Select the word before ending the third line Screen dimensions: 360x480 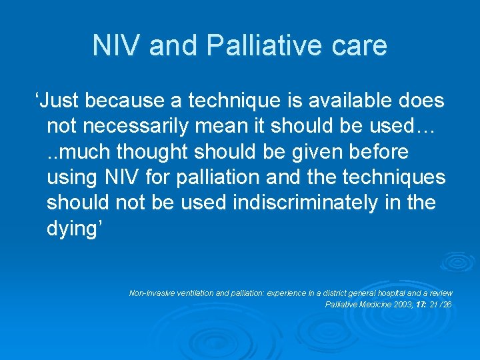click(x=378, y=152)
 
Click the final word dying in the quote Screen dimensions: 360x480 click(x=73, y=228)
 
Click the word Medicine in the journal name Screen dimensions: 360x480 click(x=371, y=305)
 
